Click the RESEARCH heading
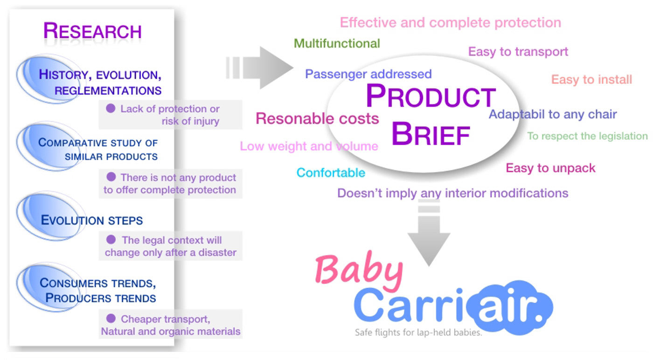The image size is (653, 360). click(x=92, y=31)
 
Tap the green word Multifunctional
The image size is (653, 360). click(x=337, y=43)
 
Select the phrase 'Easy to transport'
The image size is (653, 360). click(x=518, y=52)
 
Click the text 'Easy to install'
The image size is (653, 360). click(x=591, y=79)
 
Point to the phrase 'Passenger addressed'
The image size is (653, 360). click(x=368, y=74)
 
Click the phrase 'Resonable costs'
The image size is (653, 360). click(x=317, y=118)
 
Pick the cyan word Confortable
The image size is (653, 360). click(x=331, y=173)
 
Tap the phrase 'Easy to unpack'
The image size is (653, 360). click(x=550, y=168)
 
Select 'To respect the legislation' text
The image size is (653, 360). click(x=587, y=136)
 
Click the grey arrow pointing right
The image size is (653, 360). click(x=259, y=68)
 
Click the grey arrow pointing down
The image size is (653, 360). click(x=429, y=233)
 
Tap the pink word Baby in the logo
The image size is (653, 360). click(x=359, y=270)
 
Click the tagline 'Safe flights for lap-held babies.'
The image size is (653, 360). click(x=418, y=332)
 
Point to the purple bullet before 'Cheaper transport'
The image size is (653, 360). click(x=111, y=318)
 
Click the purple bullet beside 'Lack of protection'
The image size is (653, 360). click(x=111, y=108)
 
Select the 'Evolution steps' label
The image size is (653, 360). click(x=92, y=220)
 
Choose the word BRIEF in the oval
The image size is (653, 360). click(x=431, y=134)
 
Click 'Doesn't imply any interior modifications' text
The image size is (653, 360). click(x=453, y=193)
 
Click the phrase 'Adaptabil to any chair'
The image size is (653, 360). click(x=553, y=114)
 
